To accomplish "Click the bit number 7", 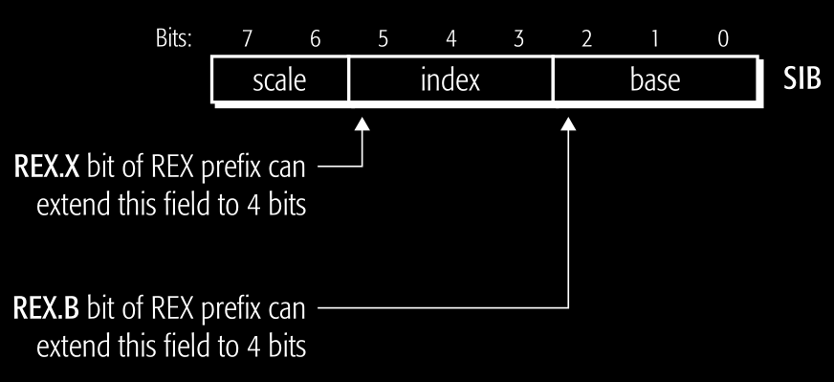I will (247, 39).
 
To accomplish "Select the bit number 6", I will (315, 39).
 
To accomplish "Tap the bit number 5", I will (382, 39).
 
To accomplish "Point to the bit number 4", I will (450, 39).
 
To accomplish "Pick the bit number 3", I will (518, 39).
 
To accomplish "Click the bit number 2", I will (585, 39).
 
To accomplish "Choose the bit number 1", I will (654, 39).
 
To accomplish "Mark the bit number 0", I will (722, 39).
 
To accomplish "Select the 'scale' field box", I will (279, 80).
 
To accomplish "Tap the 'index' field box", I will (450, 80).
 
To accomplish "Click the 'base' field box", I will (654, 80).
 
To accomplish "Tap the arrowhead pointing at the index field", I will (362, 125).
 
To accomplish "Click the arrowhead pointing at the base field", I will (569, 125).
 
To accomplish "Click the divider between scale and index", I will (348, 80).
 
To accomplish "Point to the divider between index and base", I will (553, 80).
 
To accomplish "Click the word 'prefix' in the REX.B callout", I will (229, 310).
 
